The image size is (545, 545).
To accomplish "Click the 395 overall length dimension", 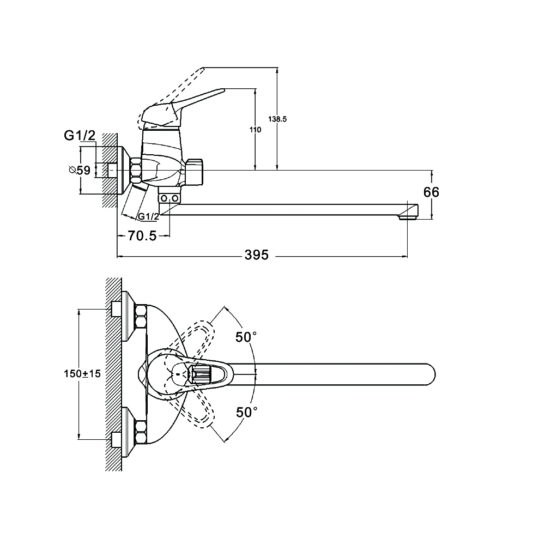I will [x=257, y=255].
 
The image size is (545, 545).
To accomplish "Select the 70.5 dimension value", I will [x=142, y=236].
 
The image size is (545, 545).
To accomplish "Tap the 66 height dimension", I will [x=431, y=192].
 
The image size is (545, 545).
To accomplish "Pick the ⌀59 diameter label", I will [x=80, y=171].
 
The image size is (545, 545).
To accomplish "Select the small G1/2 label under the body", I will [x=148, y=216].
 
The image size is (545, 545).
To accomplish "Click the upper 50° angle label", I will [x=246, y=337].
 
